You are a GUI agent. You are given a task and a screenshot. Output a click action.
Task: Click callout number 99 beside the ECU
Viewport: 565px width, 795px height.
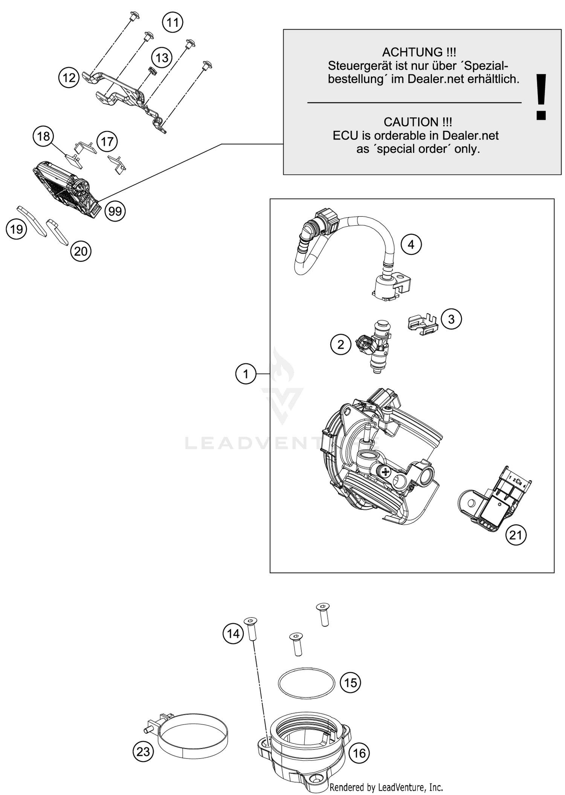115,211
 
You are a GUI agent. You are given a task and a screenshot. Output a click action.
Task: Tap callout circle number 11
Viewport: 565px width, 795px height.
173,23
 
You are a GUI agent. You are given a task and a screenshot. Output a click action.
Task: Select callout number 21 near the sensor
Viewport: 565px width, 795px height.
516,535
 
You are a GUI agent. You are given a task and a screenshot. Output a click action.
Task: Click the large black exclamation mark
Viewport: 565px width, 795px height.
541,97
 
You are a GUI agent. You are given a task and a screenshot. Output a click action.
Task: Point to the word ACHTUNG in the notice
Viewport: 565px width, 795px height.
412,52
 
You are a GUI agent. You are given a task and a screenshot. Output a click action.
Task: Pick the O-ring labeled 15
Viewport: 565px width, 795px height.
306,683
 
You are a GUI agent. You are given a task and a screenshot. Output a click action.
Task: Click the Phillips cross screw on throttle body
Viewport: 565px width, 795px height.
385,471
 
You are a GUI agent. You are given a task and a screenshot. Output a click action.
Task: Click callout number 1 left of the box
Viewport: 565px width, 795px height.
246,374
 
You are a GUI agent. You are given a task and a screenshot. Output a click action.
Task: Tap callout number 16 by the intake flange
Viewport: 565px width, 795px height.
359,753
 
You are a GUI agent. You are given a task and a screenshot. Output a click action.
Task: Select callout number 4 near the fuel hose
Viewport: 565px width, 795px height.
411,244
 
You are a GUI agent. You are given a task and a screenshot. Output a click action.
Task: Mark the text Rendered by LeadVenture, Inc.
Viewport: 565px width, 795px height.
386,787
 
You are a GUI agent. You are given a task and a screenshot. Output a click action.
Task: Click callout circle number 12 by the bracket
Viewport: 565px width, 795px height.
69,78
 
